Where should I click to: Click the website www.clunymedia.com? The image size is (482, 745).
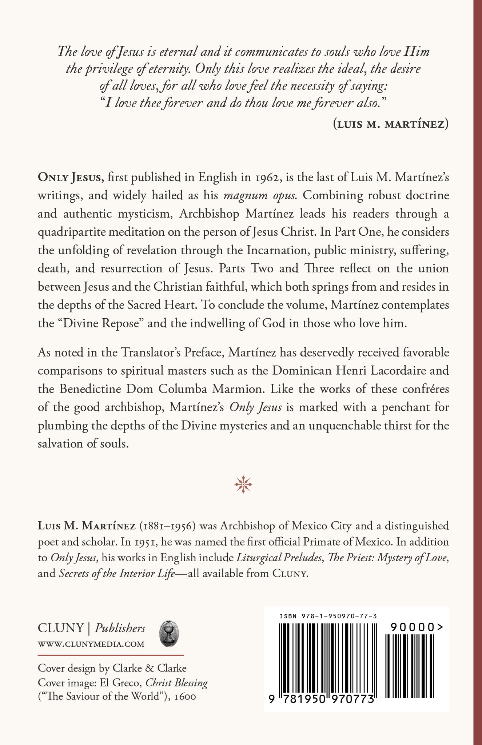click(91, 644)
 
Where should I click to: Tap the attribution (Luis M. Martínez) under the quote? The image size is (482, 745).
click(390, 124)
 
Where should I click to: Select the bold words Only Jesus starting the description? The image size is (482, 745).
click(71, 178)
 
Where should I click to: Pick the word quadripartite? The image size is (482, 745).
click(72, 232)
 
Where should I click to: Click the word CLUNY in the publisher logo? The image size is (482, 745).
click(61, 628)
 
